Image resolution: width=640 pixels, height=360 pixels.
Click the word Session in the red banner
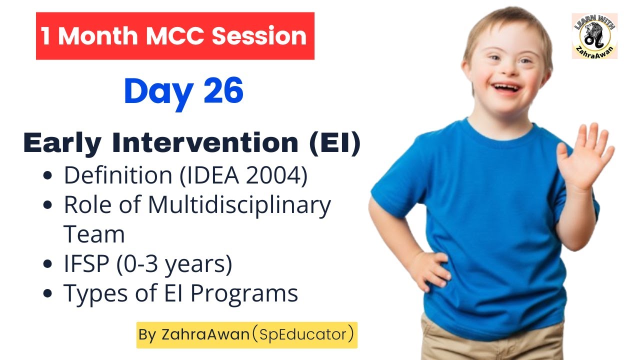[x=259, y=36]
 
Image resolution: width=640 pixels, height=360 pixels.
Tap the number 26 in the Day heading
[x=223, y=90]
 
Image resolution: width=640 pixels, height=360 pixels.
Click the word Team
[x=94, y=234]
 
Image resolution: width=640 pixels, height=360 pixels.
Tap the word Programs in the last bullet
[x=244, y=294]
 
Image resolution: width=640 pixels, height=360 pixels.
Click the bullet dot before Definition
[x=47, y=175]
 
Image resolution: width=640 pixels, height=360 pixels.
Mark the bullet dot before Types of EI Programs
[x=47, y=293]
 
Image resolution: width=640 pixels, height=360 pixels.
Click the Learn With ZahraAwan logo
[x=594, y=36]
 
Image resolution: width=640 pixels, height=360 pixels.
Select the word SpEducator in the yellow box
[x=303, y=334]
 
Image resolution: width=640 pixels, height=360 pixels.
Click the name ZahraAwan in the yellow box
[x=205, y=334]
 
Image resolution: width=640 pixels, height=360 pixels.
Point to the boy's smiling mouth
[x=505, y=87]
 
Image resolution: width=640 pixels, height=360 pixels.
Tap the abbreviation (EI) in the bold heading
[x=335, y=143]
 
